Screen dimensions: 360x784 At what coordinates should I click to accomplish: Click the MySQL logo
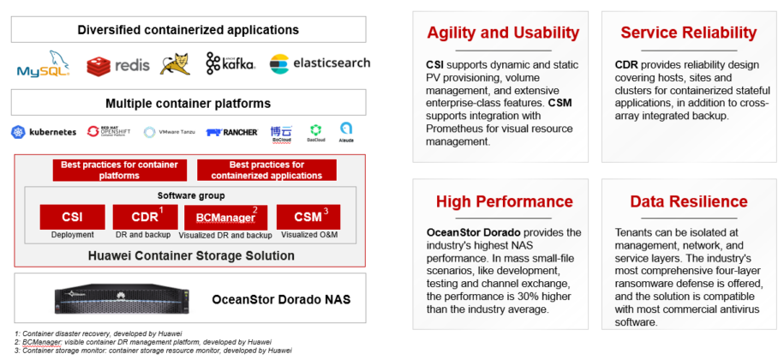45,64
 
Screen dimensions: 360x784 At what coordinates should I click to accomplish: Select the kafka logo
228,63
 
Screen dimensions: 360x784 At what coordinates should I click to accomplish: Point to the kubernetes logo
44,132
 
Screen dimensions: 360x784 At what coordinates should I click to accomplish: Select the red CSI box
71,216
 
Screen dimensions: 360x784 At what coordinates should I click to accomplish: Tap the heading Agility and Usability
503,33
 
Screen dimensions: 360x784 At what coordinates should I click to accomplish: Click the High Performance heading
504,201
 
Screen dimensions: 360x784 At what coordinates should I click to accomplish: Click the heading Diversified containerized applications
188,29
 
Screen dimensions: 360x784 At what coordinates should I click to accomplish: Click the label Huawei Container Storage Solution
190,255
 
